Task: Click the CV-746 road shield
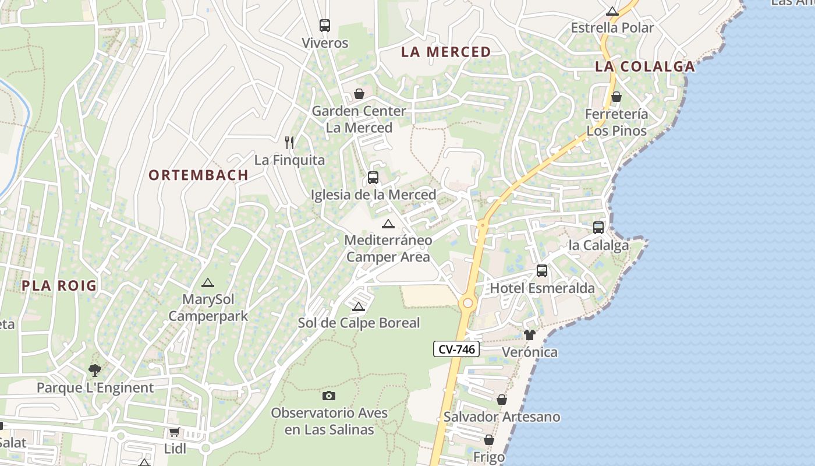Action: (x=456, y=349)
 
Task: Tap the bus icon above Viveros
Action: (x=325, y=26)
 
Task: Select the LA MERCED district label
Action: (x=446, y=52)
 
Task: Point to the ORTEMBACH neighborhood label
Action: (x=199, y=175)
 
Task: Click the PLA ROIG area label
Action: (x=59, y=285)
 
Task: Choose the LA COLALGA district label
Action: (x=645, y=66)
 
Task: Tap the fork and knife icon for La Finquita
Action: (x=289, y=142)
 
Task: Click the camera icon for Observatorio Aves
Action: (x=329, y=396)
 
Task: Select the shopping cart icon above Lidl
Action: (x=174, y=432)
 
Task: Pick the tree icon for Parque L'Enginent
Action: (x=94, y=370)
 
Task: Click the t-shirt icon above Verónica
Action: (x=529, y=335)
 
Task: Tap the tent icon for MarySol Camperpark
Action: (x=207, y=283)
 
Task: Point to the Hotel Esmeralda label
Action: (x=542, y=288)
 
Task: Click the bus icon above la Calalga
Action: (x=598, y=228)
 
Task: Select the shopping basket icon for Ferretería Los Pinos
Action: (x=616, y=97)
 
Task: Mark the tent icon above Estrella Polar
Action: (x=612, y=11)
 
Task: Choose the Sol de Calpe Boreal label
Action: (x=359, y=323)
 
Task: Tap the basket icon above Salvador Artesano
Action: (x=501, y=400)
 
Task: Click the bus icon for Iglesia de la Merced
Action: (x=373, y=178)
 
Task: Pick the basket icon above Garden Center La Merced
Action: (x=359, y=94)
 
